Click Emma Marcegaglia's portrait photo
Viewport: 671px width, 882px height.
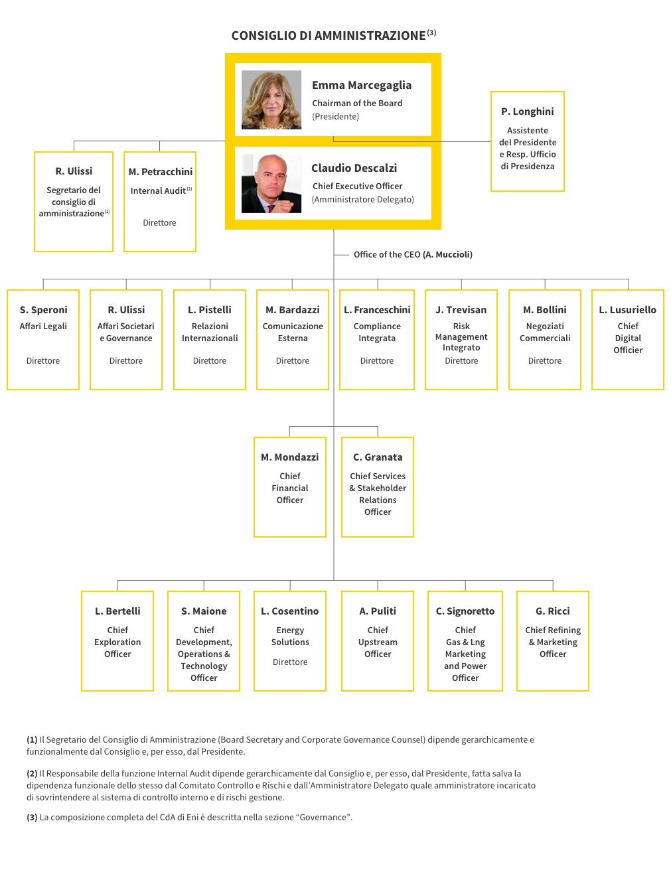pyautogui.click(x=271, y=100)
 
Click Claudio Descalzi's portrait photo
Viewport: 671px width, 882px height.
pyautogui.click(x=271, y=183)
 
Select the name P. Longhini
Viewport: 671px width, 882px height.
pyautogui.click(x=527, y=111)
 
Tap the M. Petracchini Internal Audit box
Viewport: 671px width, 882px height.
pyautogui.click(x=160, y=202)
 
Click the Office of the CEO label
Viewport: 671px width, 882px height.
pyautogui.click(x=413, y=254)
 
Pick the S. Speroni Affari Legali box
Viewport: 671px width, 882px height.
pyautogui.click(x=43, y=340)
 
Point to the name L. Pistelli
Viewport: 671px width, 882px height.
pyautogui.click(x=210, y=310)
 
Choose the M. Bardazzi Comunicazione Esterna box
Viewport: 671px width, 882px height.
pyautogui.click(x=293, y=340)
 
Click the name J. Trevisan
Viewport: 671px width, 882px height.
pyautogui.click(x=461, y=310)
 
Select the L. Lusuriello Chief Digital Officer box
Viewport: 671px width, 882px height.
pyautogui.click(x=628, y=340)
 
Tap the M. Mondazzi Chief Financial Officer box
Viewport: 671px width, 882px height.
pyautogui.click(x=289, y=487)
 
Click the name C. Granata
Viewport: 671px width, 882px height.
pyautogui.click(x=378, y=457)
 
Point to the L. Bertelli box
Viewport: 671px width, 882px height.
pyautogui.click(x=117, y=641)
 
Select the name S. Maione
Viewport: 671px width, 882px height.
pyautogui.click(x=204, y=611)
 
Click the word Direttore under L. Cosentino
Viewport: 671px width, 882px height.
pyautogui.click(x=290, y=662)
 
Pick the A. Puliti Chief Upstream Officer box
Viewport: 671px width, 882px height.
pyautogui.click(x=377, y=641)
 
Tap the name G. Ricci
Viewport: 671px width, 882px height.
pyautogui.click(x=552, y=611)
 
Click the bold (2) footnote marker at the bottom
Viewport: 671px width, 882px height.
pyautogui.click(x=32, y=774)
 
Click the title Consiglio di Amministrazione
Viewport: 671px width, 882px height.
pyautogui.click(x=329, y=36)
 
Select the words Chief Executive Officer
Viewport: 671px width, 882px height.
pyautogui.click(x=357, y=186)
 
